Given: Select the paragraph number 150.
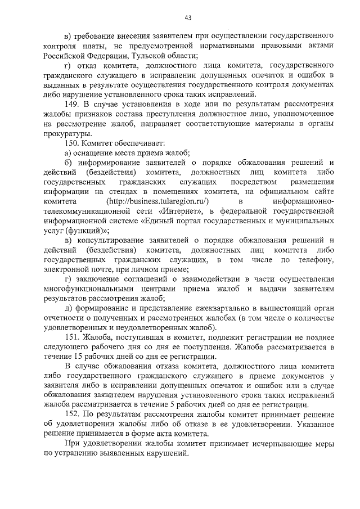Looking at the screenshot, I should coord(71,143).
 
